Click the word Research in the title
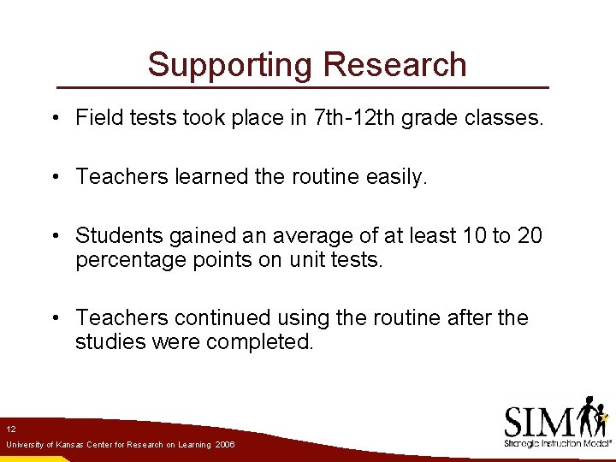point(395,65)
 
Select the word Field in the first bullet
point(96,117)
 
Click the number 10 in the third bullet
point(471,235)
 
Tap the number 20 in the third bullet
point(529,235)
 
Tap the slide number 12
point(10,429)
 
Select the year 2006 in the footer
point(225,445)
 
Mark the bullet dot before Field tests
point(55,118)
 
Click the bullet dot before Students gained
point(55,236)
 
